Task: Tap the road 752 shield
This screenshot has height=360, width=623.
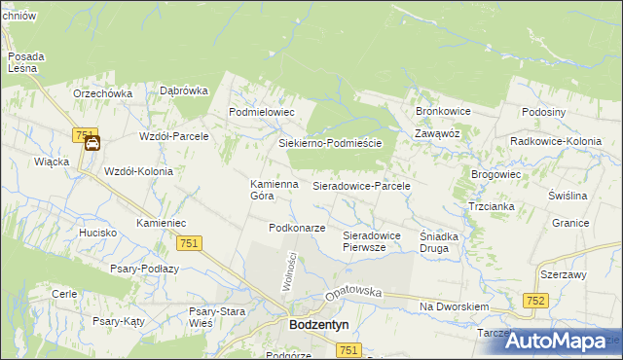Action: pyautogui.click(x=533, y=303)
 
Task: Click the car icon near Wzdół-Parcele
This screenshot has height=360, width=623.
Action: pyautogui.click(x=92, y=145)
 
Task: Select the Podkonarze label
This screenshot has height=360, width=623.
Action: pyautogui.click(x=297, y=228)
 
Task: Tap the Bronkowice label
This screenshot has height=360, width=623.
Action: pyautogui.click(x=443, y=112)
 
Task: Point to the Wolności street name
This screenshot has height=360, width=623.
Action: pyautogui.click(x=289, y=265)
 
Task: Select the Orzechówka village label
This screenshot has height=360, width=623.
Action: pyautogui.click(x=102, y=93)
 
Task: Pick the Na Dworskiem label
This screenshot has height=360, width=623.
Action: pyautogui.click(x=454, y=306)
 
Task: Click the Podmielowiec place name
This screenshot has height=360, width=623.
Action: pyautogui.click(x=261, y=112)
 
